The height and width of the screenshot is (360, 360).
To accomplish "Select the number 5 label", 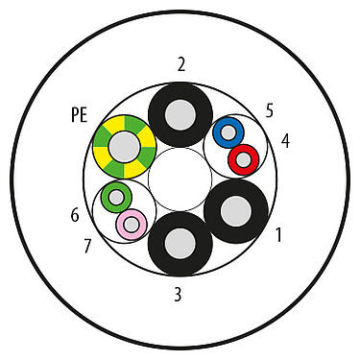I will click(x=270, y=110).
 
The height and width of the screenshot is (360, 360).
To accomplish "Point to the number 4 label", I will click(x=284, y=142).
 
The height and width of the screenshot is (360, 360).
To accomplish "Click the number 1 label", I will click(x=279, y=233).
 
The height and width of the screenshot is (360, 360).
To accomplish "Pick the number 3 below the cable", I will click(x=177, y=295).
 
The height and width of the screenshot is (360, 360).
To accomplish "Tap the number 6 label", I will click(x=74, y=215).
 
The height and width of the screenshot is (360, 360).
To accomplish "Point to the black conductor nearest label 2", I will click(x=180, y=115).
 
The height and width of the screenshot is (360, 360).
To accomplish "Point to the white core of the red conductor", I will click(x=244, y=156).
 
